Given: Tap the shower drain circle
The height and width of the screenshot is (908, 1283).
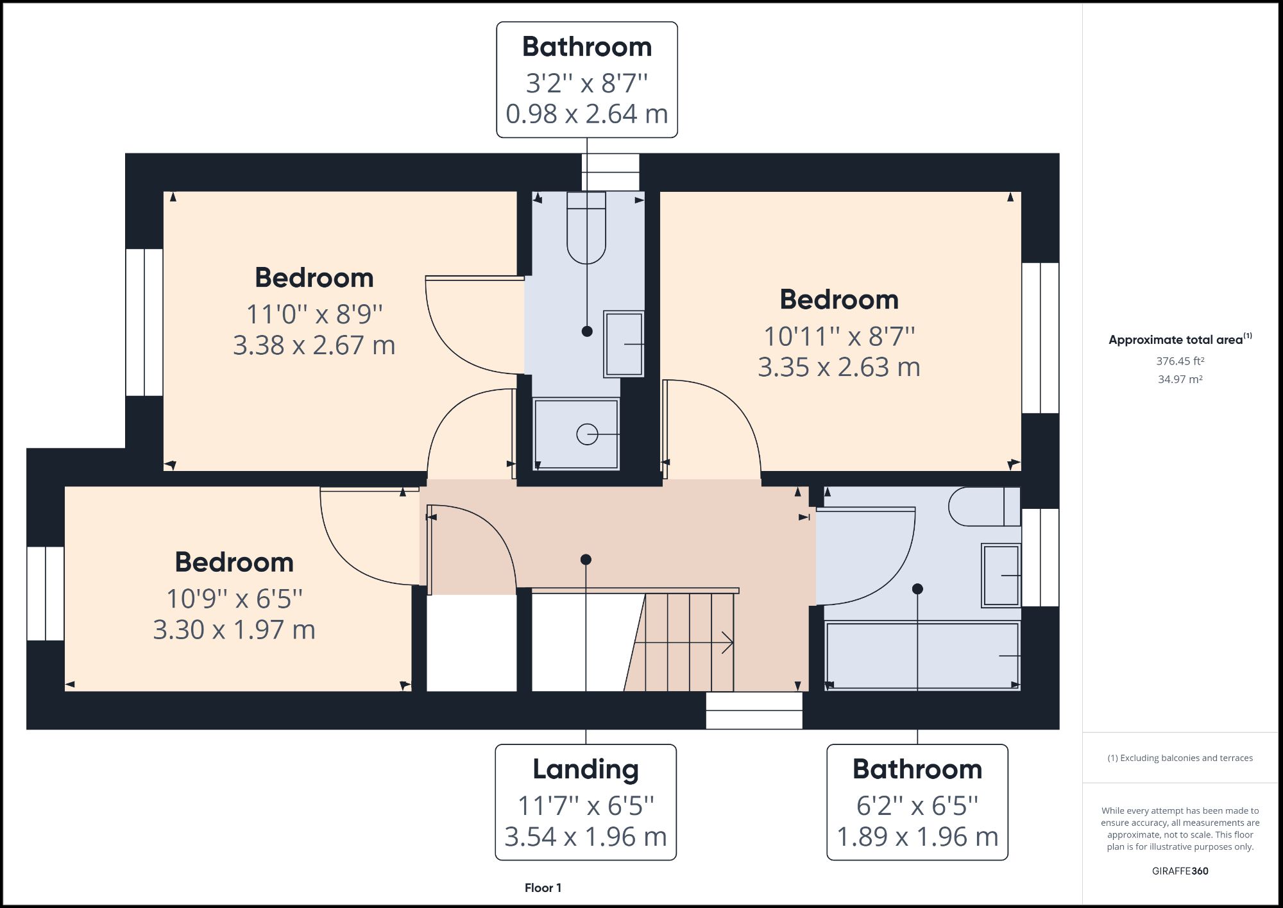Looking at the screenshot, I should (587, 434).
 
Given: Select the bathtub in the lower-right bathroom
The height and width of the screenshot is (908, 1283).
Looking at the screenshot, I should (922, 655).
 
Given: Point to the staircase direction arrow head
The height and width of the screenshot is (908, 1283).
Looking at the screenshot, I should (728, 642).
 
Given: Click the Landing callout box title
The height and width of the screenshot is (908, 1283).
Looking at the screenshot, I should (586, 769).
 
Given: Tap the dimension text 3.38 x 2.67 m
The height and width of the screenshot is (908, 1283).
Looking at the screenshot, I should (314, 345).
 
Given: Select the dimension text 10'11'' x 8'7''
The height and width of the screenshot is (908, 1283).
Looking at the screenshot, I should (838, 336).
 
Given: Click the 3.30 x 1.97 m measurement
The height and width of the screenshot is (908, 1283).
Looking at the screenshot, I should (234, 630).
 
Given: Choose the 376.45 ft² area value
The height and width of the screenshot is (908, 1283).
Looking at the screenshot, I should (1180, 361).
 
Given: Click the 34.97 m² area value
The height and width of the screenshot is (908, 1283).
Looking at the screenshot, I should (1180, 379).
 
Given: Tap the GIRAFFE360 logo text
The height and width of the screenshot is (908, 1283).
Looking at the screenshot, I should (1180, 871).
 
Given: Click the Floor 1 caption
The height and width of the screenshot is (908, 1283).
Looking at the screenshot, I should (543, 887).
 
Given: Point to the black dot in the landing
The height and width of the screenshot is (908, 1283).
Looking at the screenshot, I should (586, 560).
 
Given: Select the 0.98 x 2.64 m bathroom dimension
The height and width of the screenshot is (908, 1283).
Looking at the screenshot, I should (586, 114).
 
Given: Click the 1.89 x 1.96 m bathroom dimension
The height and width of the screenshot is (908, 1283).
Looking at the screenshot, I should (917, 836).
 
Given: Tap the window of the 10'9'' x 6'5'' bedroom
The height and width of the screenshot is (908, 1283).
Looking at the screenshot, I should (46, 594).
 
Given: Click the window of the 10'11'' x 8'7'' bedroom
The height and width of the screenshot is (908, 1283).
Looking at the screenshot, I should (1040, 338).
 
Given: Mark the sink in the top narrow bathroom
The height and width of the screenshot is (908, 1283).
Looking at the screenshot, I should (624, 344).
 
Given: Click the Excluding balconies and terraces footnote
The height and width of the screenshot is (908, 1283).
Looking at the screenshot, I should (1180, 758).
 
